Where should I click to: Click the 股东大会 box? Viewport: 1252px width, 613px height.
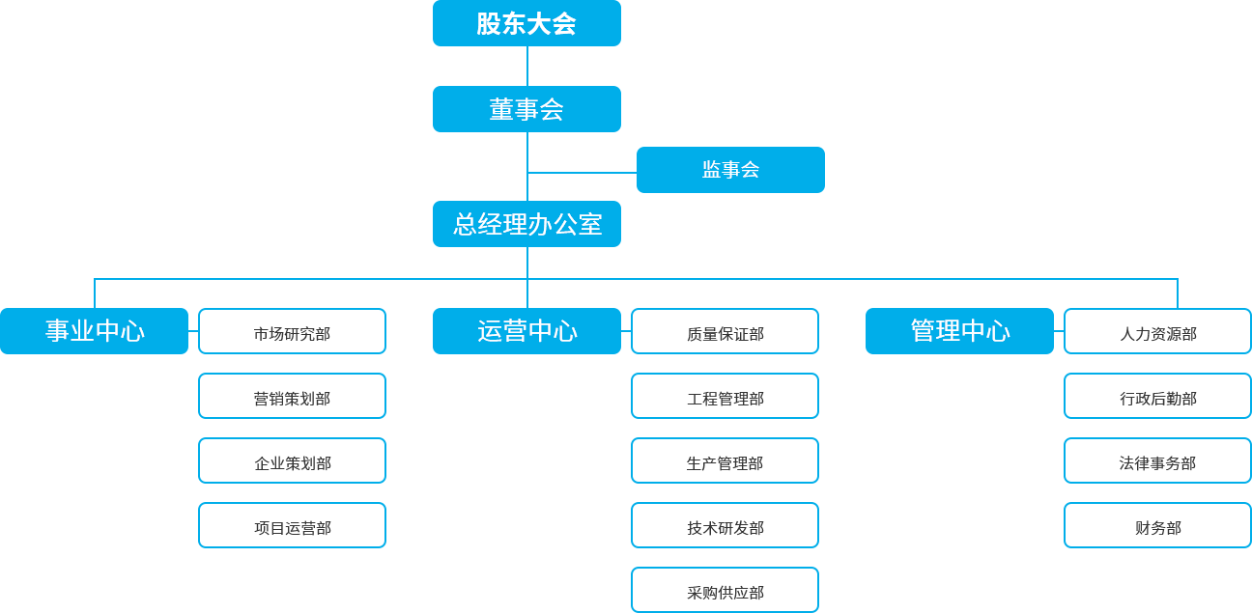(526, 23)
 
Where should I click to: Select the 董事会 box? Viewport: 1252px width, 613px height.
(526, 108)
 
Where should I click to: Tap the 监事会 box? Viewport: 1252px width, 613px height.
(729, 169)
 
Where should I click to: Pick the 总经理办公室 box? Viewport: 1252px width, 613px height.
(526, 224)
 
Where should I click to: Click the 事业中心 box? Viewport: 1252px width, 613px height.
(95, 330)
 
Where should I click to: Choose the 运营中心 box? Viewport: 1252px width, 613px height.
(526, 330)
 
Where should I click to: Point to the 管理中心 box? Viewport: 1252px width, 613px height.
(958, 330)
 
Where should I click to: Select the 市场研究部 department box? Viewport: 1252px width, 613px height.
(292, 331)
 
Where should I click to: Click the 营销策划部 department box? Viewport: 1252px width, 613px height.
(292, 396)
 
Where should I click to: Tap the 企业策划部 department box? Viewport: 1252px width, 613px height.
(292, 460)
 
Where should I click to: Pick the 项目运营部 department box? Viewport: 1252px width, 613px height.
(292, 525)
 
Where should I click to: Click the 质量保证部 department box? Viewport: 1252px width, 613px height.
(725, 331)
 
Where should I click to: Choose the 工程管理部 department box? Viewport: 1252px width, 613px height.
(725, 396)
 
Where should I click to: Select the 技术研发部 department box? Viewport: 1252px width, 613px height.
(725, 525)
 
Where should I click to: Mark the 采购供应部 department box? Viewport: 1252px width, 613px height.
(725, 590)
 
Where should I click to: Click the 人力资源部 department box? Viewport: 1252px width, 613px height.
(1157, 331)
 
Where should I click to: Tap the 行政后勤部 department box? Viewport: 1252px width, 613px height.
(1157, 396)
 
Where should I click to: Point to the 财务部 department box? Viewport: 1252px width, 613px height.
(1157, 525)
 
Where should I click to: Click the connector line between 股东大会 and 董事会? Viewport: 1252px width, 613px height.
(526, 66)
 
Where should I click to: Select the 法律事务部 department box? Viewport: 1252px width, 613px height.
(1157, 460)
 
